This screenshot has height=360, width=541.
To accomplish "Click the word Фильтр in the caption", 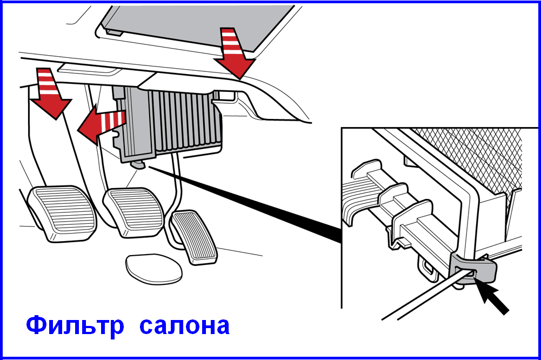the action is [75, 325].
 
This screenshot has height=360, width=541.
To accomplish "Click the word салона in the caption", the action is [185, 326].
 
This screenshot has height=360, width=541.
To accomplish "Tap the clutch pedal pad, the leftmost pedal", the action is [62, 214].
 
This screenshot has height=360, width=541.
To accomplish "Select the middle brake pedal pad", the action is [134, 212].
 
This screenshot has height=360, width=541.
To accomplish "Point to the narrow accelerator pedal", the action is [194, 237].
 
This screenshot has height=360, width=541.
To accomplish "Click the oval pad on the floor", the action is [153, 269].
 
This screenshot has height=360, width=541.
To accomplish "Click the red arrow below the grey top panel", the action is [233, 53].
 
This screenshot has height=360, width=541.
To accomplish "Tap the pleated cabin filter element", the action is [186, 120].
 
